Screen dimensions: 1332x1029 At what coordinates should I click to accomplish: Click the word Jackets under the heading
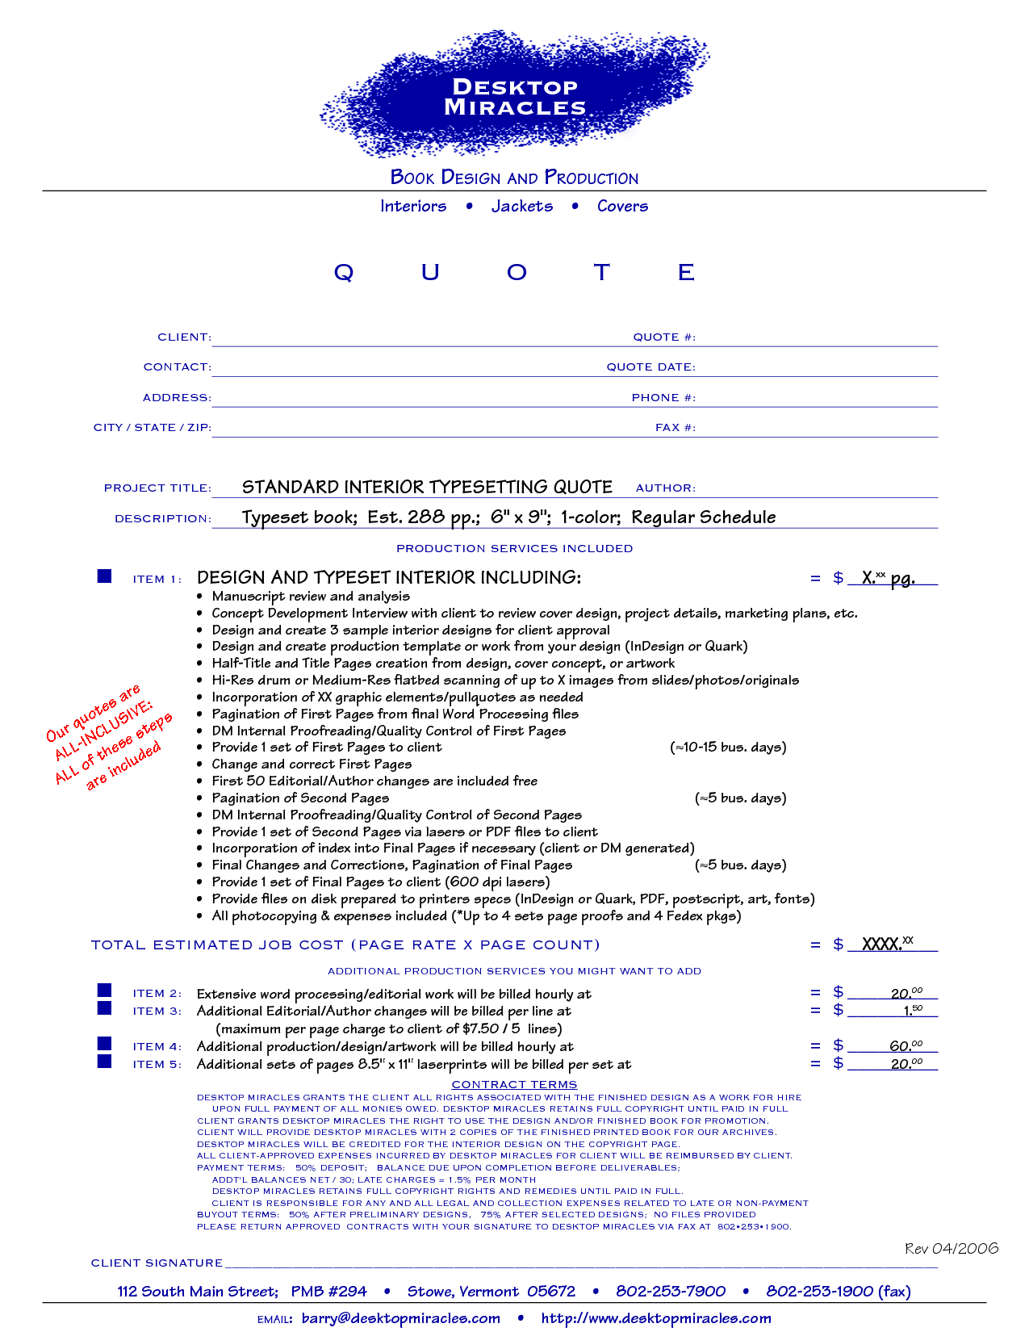coord(522,206)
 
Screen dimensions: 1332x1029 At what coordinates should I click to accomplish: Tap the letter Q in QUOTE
coord(344,273)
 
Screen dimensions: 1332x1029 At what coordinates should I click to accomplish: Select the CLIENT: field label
coord(184,337)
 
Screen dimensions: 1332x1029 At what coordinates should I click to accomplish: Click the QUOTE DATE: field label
coord(650,367)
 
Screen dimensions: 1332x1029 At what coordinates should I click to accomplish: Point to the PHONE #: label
coord(663,398)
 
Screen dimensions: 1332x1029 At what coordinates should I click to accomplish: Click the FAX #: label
coord(675,428)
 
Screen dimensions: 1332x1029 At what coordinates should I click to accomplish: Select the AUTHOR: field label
coord(665,488)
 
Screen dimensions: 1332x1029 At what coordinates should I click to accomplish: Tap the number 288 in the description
coord(426,517)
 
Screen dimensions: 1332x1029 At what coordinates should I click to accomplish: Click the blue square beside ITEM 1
coord(104,576)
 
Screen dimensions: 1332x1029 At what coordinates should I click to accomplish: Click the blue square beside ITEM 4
coord(104,1044)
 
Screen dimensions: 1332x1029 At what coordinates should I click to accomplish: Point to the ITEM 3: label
coord(157,1012)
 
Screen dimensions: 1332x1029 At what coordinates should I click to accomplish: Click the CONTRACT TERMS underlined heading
coord(514,1085)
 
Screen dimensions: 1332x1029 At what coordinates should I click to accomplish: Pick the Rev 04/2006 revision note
coord(952,1249)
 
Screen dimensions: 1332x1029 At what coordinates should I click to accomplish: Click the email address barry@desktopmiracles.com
coord(400,1318)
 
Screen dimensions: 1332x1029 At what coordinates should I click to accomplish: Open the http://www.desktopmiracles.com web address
coord(655,1318)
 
